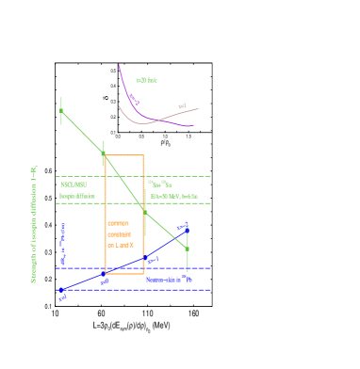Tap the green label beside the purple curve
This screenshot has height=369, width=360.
[x=146, y=81]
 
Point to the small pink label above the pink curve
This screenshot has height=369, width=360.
[x=182, y=105]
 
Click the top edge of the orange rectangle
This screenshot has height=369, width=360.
[x=124, y=155]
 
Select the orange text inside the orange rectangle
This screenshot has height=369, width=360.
[x=120, y=234]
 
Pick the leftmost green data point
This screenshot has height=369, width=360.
[x=61, y=110]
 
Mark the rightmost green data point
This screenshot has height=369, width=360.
[x=188, y=249]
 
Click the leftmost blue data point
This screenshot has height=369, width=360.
[x=61, y=291]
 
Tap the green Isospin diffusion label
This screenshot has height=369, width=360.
[x=77, y=196]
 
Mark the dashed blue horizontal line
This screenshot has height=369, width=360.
[x=85, y=268]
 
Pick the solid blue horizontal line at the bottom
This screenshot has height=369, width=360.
[x=141, y=290]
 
